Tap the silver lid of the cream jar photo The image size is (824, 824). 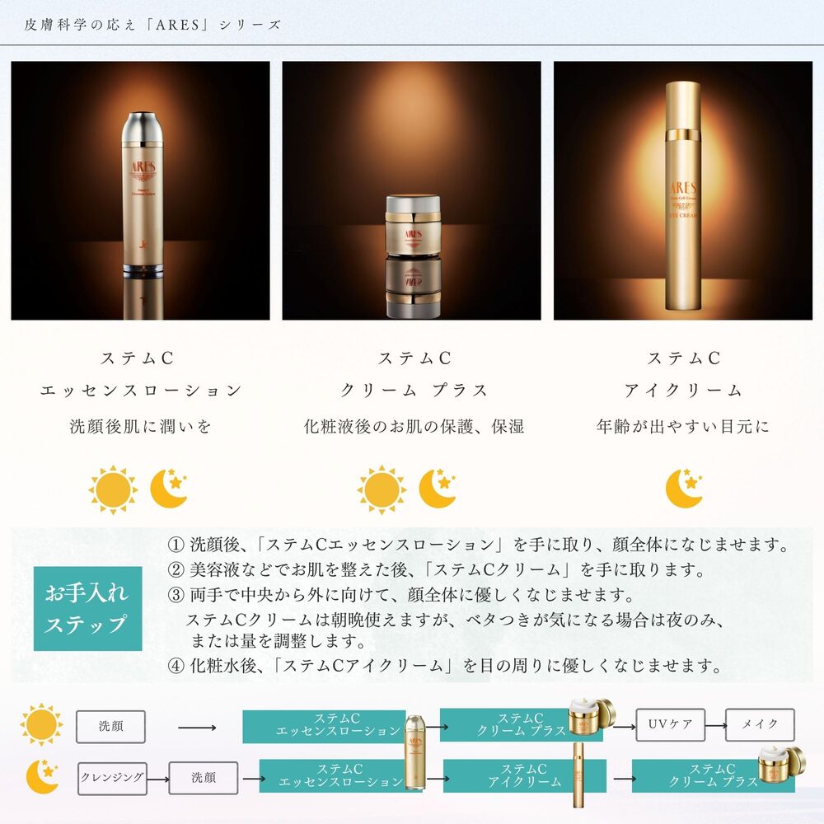(x=410, y=206)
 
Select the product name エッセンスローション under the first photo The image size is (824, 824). (x=141, y=391)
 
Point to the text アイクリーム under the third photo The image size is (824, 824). (x=683, y=391)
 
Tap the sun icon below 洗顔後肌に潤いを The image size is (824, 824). (x=113, y=489)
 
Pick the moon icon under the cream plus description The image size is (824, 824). (x=438, y=488)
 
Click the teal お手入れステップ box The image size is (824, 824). (x=87, y=608)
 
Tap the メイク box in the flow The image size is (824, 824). (x=760, y=725)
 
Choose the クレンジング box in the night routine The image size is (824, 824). (x=112, y=777)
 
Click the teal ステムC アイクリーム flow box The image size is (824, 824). (x=524, y=776)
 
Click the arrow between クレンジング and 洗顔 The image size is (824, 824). (x=158, y=777)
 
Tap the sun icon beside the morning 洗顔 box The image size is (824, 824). (x=41, y=725)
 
